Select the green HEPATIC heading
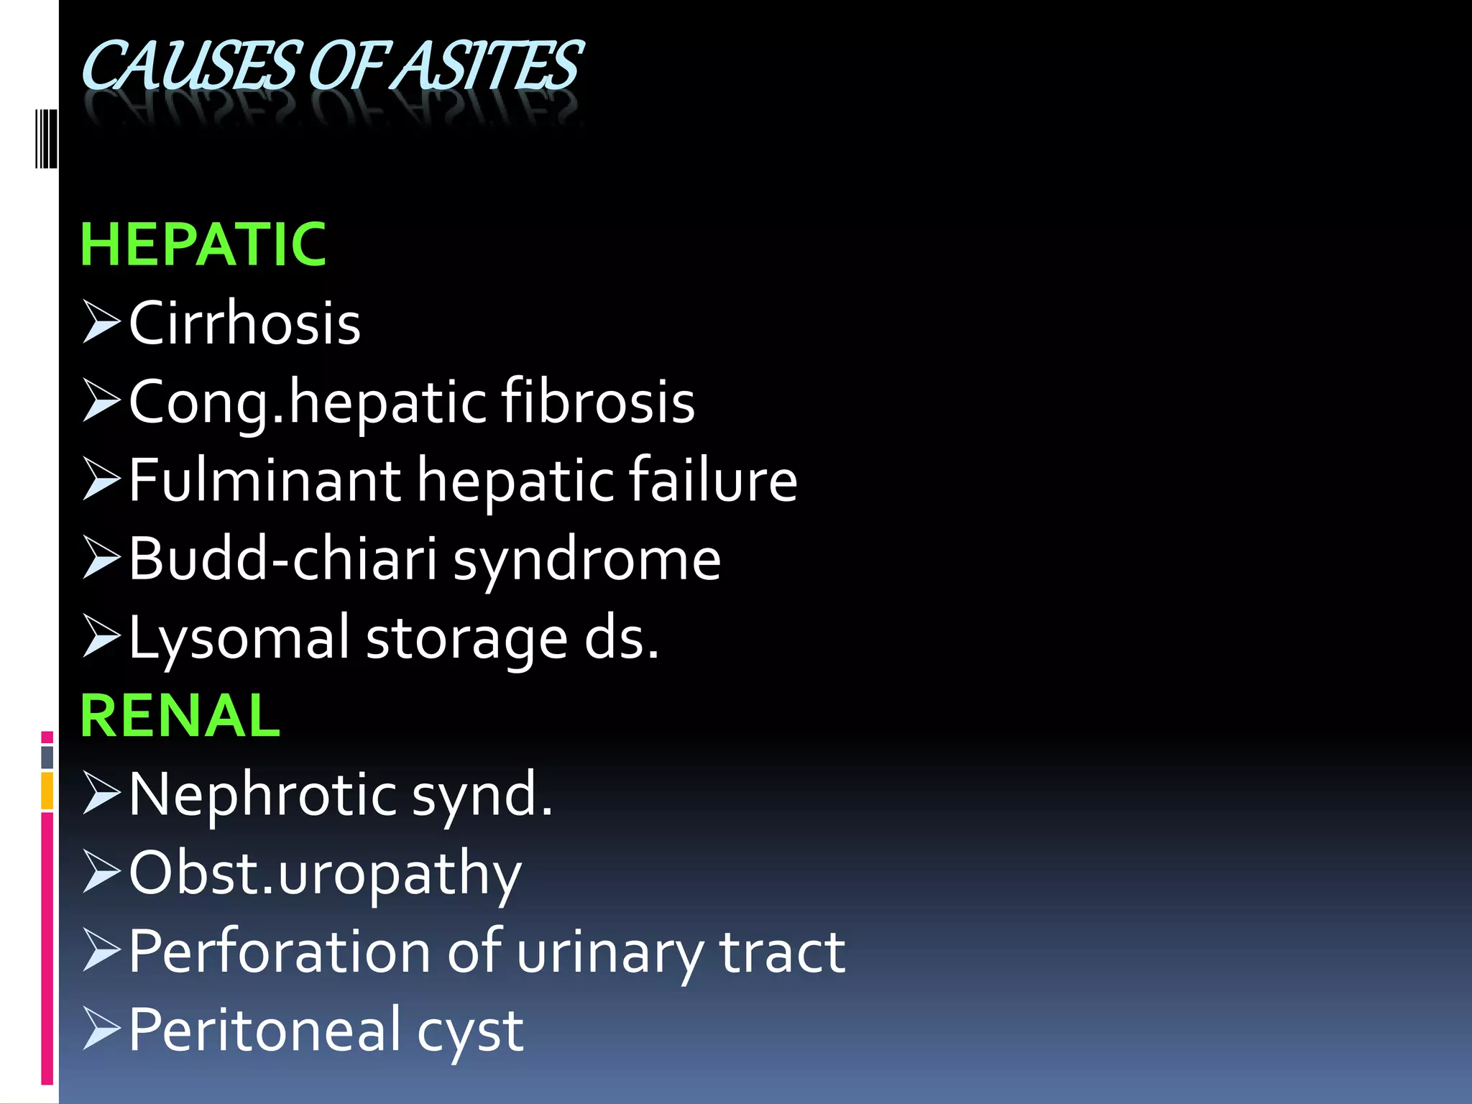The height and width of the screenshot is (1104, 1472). pos(203,245)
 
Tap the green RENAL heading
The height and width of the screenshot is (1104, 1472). pos(180,716)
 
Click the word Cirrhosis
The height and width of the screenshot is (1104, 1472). pos(244,323)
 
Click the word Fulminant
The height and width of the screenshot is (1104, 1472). pos(265,480)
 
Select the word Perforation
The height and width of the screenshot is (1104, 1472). pos(280,952)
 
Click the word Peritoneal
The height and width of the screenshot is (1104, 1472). pos(264,1030)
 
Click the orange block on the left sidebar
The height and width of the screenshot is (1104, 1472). pos(47,791)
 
